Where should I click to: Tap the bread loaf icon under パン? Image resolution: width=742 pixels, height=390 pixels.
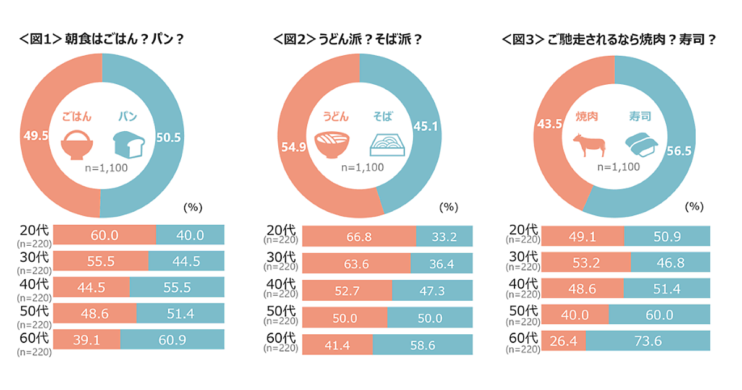coord(128,143)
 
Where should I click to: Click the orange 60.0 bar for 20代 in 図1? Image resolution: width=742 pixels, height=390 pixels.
coord(104,235)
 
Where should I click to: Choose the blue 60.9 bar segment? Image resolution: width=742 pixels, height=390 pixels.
coord(172,340)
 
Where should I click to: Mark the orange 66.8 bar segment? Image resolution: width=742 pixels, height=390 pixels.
coord(359,236)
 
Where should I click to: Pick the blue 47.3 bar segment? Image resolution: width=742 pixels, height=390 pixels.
coord(432,290)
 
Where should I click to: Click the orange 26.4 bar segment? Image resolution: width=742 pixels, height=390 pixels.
coord(563,340)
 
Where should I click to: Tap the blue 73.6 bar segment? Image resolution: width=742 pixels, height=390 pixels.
coord(647,340)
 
